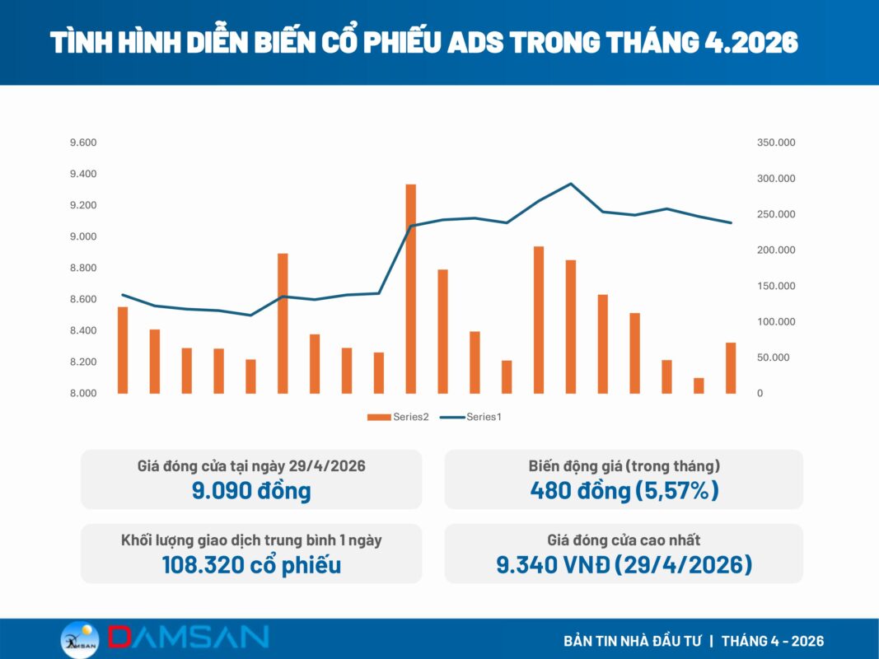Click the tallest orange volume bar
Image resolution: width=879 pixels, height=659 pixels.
coord(411,288)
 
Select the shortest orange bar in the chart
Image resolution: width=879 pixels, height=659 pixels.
coord(699,386)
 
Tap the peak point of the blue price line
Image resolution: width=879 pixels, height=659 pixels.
coord(571,184)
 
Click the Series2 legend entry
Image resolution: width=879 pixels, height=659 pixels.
coord(398,417)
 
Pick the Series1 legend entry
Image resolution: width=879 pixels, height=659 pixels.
coord(471,417)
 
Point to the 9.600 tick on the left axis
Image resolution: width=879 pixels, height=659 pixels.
coord(83,143)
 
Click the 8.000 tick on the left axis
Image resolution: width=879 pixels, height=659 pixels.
coord(83,394)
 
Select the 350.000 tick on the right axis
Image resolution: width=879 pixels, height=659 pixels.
coord(776,143)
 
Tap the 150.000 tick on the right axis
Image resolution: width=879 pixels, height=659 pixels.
coord(776,286)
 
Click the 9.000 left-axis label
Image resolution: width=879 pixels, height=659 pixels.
coord(83,236)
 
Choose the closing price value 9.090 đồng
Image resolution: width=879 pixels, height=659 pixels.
coord(251,490)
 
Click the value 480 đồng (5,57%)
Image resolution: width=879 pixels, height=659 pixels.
coord(624,490)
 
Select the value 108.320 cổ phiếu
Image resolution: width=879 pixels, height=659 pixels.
coord(251,565)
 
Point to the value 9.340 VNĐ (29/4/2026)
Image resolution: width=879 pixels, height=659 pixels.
coord(624,565)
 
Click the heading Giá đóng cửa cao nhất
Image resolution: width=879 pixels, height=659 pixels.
coord(624,540)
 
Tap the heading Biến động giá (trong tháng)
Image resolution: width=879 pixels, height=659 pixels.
coord(624,466)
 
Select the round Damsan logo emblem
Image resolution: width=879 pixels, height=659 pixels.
coord(80,640)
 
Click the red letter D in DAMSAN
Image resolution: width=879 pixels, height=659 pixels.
coord(119,637)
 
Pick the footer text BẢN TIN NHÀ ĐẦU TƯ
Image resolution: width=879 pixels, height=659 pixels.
coord(633,641)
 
